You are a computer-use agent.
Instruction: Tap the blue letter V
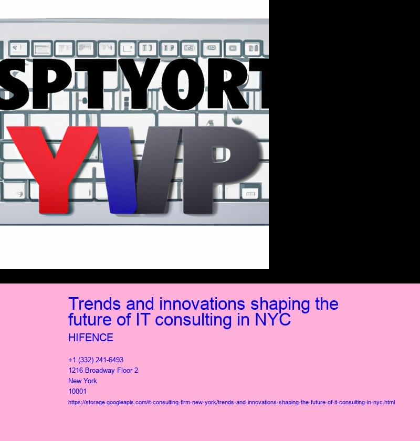tap(118, 168)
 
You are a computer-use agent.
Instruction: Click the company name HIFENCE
tap(91, 338)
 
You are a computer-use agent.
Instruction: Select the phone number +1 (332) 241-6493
tap(96, 360)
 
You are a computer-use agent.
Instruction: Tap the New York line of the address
tap(82, 381)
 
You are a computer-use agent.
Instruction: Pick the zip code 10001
tap(78, 391)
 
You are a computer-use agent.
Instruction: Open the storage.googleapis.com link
tap(232, 402)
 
